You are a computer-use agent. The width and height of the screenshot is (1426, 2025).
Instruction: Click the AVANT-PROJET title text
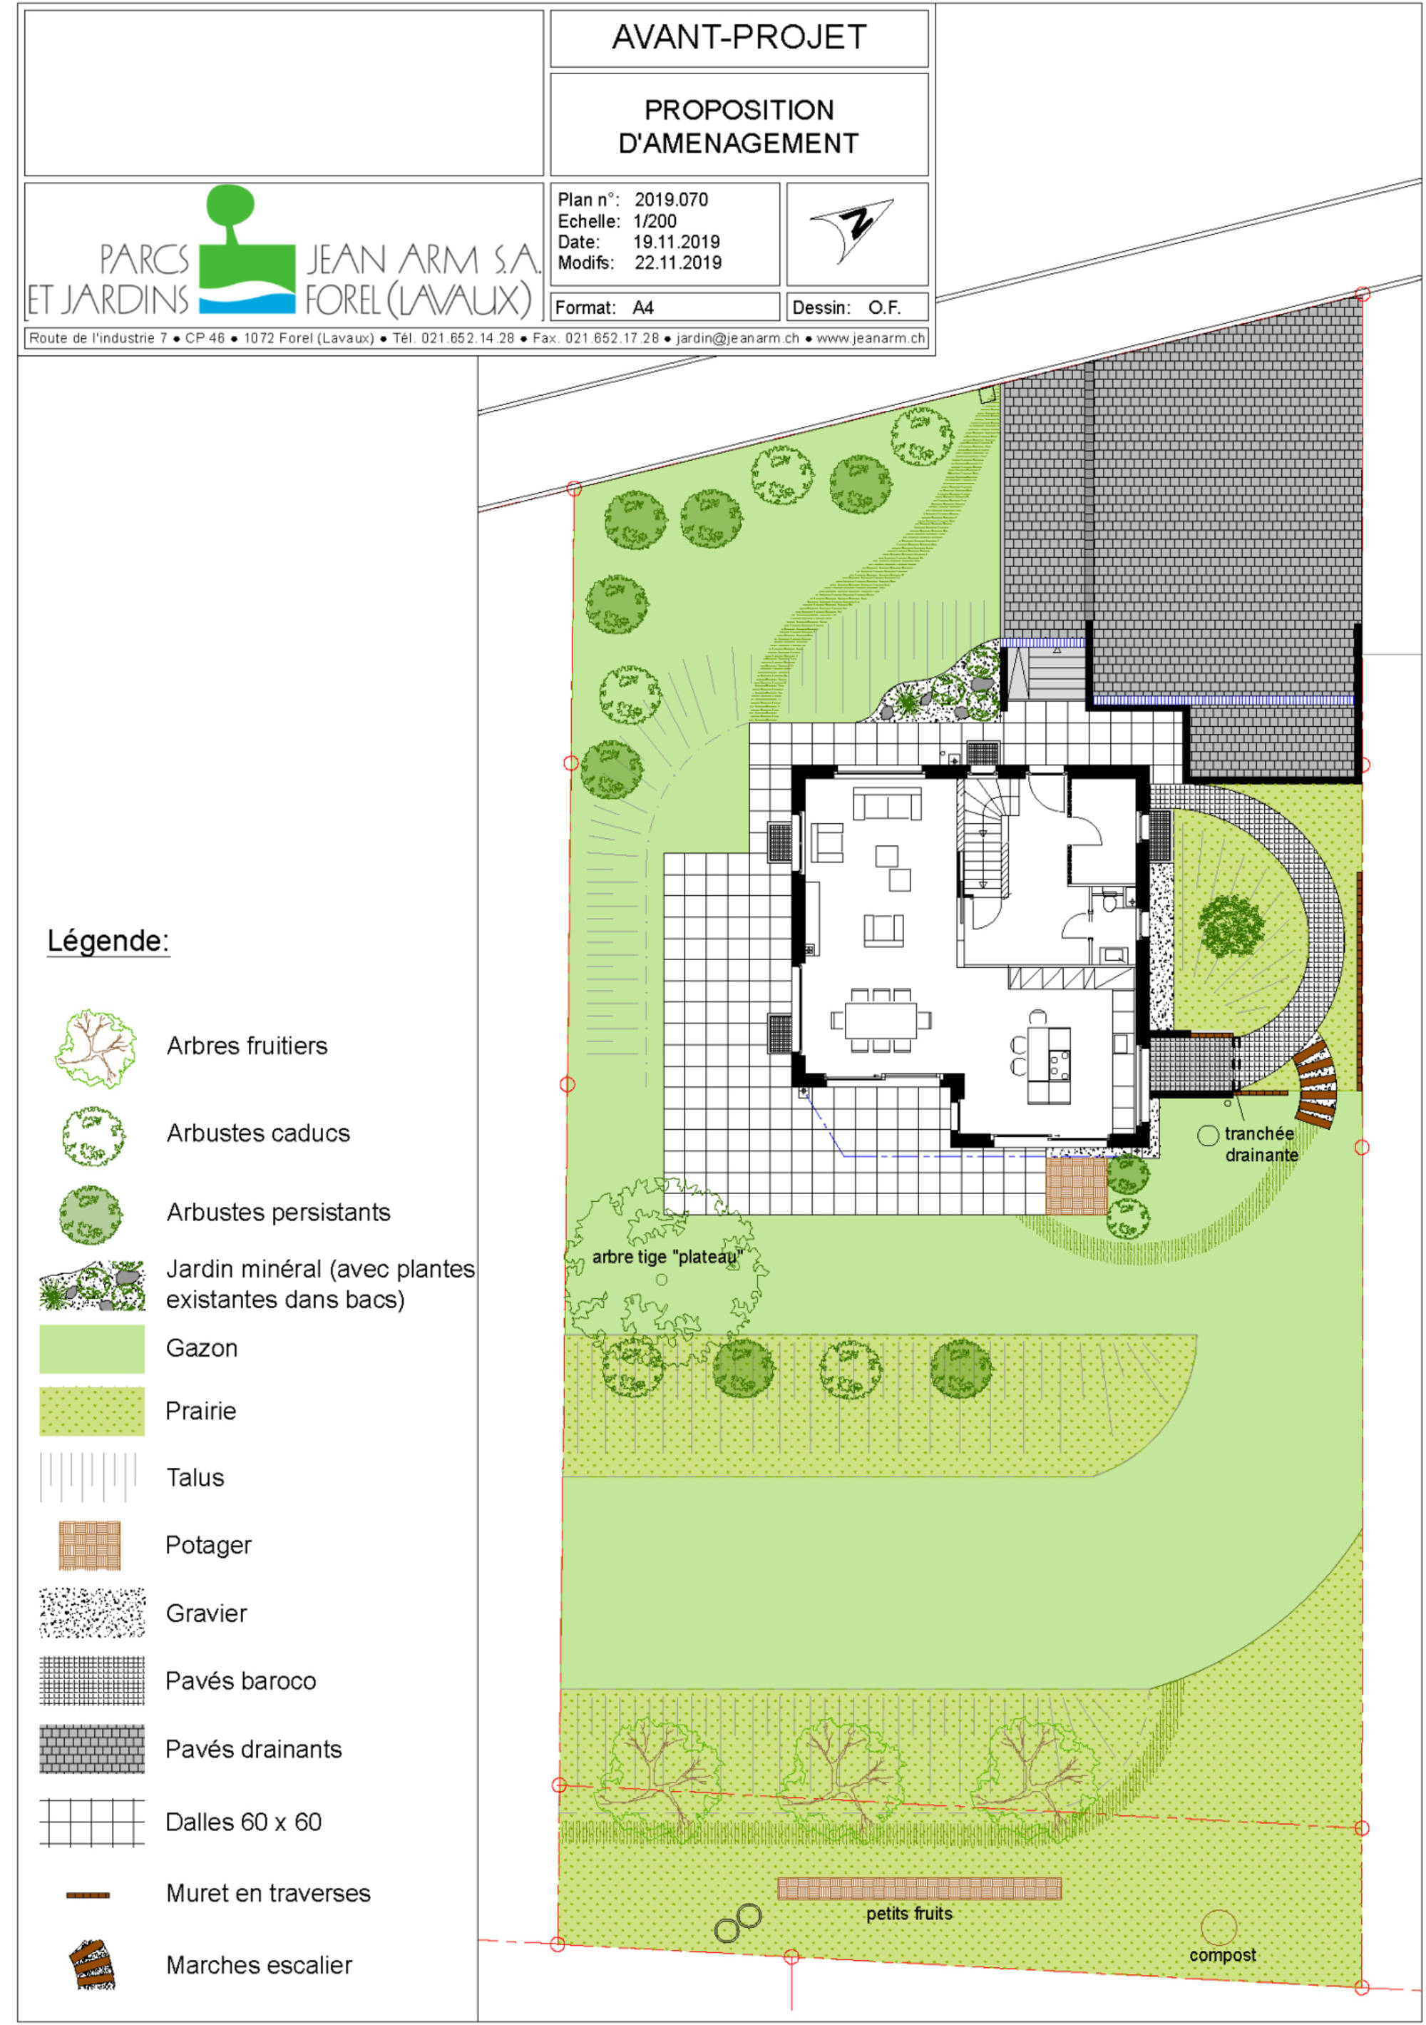739,37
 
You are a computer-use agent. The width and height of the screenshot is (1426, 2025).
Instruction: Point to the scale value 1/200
655,221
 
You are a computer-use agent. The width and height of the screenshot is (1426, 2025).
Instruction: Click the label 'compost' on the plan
1221,1954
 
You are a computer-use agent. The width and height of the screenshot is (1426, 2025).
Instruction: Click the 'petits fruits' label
908,1913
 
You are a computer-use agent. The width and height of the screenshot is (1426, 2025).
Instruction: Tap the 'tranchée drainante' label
1260,1144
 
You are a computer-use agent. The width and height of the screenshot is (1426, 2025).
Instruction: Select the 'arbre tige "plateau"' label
667,1257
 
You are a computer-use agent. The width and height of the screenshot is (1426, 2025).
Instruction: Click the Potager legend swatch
89,1545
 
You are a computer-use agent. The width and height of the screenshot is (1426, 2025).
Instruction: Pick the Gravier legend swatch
92,1612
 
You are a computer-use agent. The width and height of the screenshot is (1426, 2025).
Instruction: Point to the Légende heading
108,940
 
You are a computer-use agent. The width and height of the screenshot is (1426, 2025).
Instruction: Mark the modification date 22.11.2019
677,262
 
